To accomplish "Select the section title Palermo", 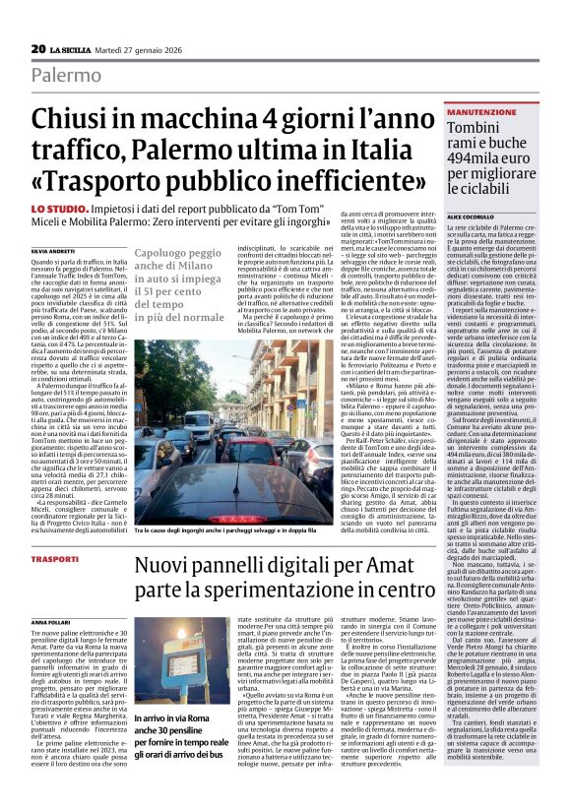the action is coord(65,76).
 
